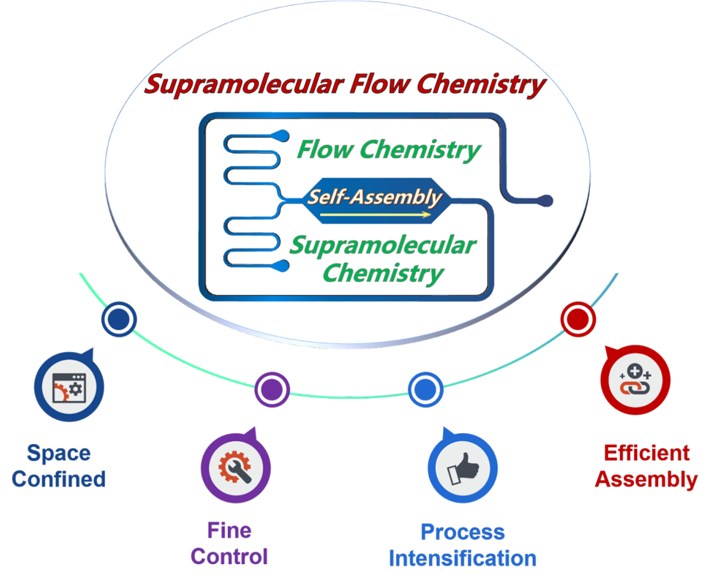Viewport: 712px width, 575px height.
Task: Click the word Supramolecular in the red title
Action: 245,85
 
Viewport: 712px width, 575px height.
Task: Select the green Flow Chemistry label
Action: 389,150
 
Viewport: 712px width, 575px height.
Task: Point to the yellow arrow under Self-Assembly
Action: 375,214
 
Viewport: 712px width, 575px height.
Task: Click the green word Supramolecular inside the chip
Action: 383,245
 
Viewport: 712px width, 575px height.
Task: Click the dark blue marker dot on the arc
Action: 119,320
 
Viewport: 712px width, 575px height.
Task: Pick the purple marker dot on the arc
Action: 272,389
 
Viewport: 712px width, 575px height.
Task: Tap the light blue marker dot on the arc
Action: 426,389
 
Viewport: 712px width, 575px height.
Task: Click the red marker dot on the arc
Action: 578,320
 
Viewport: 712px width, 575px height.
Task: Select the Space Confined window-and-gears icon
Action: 69,388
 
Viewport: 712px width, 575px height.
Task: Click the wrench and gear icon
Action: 235,468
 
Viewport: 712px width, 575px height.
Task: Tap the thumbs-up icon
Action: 463,469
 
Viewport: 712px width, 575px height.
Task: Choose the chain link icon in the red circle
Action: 635,380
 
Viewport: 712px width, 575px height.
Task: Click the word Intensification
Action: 463,558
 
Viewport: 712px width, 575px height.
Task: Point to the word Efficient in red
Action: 647,453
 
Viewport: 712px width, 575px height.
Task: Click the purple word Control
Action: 229,557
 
